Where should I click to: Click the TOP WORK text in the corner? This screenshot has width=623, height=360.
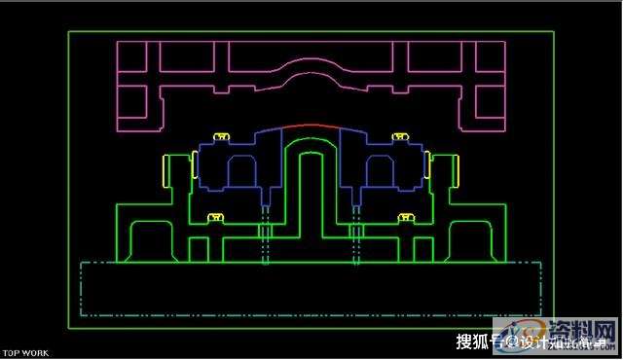point(26,353)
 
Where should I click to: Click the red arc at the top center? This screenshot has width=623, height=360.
point(311,126)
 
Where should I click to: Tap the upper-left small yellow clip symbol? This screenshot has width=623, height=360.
point(221,135)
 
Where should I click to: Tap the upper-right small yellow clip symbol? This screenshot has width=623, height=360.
point(397,135)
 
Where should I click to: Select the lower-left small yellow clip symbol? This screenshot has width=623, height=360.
point(216,217)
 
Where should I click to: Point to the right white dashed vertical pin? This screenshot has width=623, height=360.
point(356,234)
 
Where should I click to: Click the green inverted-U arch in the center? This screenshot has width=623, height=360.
point(311,156)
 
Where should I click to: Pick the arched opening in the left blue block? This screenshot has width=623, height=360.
point(242,172)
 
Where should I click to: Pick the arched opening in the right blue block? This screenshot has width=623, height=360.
point(379,172)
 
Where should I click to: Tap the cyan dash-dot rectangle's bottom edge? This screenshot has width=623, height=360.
point(311,315)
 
